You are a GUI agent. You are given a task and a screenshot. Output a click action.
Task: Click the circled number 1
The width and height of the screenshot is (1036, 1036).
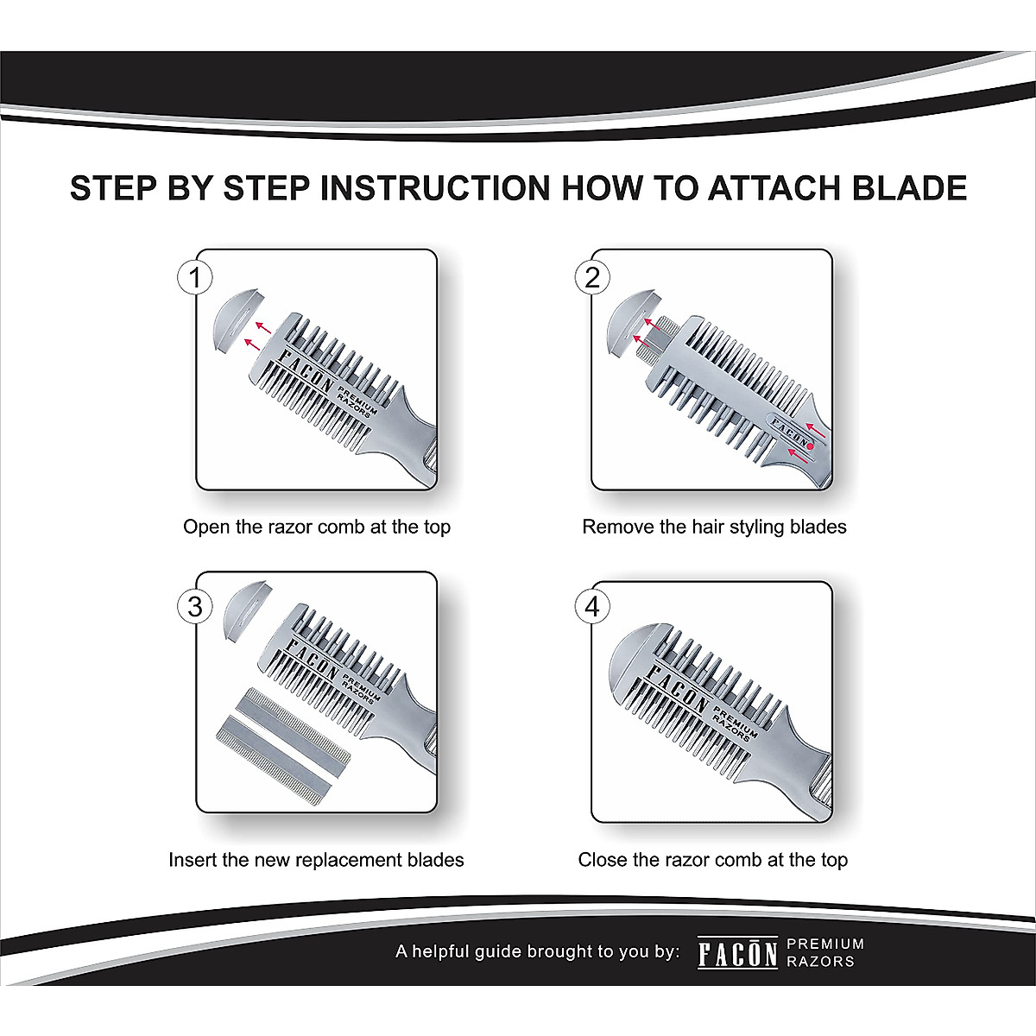194,277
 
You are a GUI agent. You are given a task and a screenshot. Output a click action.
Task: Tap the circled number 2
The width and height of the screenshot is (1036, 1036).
592,277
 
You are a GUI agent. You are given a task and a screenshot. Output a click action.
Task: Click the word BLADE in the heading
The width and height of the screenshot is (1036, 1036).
909,188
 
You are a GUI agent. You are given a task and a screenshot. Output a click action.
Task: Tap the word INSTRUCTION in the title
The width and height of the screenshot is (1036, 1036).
435,188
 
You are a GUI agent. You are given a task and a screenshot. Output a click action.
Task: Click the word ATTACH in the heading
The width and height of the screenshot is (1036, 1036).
774,188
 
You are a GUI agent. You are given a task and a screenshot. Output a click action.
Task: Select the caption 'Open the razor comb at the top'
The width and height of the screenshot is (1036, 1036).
317,527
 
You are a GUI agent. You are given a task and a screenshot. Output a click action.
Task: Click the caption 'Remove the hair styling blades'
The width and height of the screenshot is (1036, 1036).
714,527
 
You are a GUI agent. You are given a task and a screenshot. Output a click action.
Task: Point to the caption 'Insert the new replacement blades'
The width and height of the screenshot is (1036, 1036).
316,860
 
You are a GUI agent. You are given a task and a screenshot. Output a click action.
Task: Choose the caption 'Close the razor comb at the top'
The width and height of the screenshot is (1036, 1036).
713,860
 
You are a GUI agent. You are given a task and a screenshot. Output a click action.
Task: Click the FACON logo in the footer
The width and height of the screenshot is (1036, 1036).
737,952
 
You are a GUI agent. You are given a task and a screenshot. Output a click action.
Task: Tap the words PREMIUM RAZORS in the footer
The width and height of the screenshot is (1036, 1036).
825,952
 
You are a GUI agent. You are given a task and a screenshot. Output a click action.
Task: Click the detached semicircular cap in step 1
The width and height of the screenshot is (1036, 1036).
237,320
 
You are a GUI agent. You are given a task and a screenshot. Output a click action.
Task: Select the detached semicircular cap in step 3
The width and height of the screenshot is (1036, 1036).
244,610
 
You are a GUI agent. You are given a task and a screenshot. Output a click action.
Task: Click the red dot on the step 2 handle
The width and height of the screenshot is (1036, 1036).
810,445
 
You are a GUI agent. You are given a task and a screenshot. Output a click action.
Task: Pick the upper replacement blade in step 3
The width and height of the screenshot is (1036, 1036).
294,724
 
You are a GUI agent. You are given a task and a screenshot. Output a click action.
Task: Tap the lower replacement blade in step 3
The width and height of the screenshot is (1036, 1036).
273,760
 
